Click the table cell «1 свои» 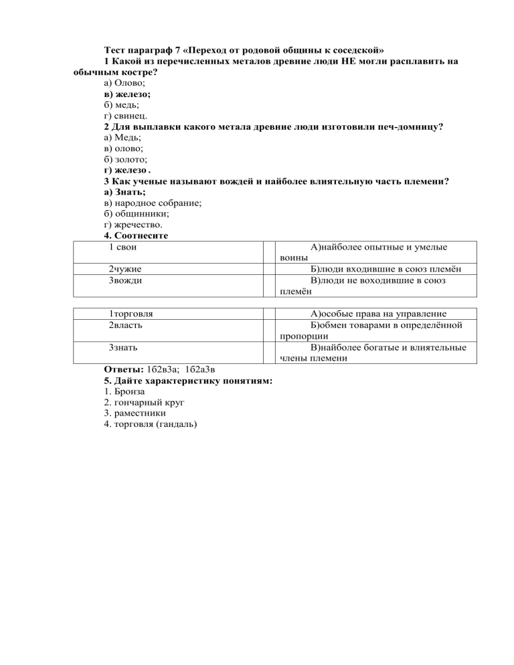(x=123, y=247)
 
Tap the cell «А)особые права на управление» (x=379, y=313)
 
